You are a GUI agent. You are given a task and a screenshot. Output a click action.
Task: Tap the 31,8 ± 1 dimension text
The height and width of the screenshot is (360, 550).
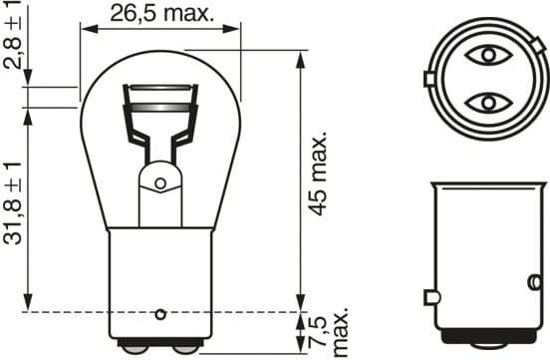pos(11,207)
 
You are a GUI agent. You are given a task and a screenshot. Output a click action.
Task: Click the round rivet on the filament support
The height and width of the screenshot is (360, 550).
pos(158,182)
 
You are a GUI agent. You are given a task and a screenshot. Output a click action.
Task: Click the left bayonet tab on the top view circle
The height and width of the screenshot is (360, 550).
pos(428,79)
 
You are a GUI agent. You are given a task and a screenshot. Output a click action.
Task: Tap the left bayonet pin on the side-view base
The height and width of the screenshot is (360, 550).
pos(430,297)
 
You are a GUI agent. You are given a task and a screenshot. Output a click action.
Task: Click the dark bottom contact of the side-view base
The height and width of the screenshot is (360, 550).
pos(488,348)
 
